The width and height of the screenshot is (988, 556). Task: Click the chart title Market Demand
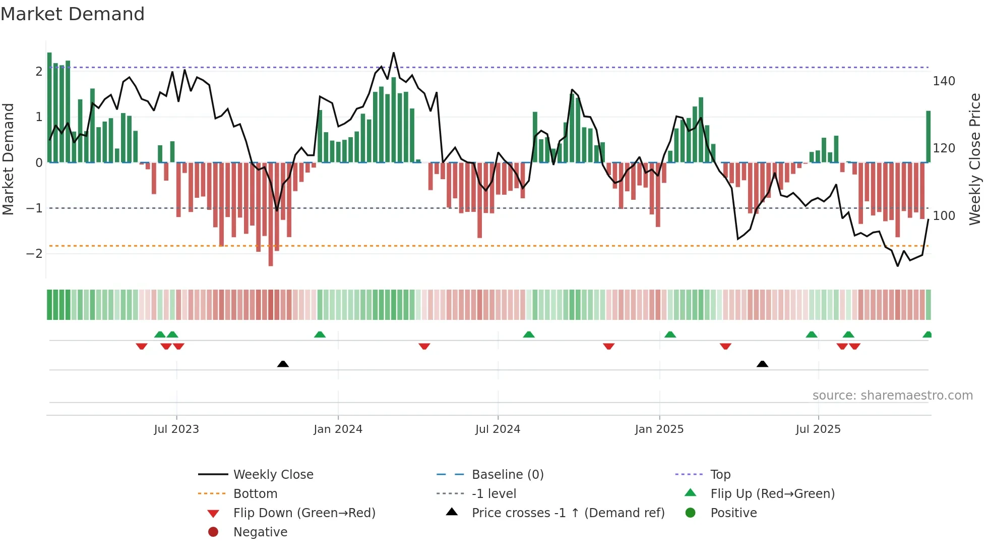(73, 14)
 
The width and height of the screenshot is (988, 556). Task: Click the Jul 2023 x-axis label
(176, 429)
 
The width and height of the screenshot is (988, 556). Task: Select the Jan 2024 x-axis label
(338, 429)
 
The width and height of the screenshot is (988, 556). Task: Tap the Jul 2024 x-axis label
(498, 429)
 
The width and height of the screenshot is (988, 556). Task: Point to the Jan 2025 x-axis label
(659, 429)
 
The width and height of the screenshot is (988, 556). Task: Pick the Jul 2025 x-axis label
(818, 429)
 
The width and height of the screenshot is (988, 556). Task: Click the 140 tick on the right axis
(944, 81)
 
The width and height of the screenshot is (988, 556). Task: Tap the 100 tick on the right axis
(944, 216)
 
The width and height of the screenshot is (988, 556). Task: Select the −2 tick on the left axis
(34, 254)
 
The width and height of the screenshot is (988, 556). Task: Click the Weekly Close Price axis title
(975, 159)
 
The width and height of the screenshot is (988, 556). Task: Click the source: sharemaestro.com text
(892, 396)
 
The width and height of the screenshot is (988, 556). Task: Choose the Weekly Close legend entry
(273, 475)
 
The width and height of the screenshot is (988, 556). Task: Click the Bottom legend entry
(255, 494)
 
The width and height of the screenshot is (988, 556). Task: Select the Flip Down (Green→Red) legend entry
(304, 513)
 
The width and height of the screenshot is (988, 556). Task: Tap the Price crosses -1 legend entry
(568, 513)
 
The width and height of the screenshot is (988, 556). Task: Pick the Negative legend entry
(260, 532)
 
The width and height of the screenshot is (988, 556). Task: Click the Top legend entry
(720, 475)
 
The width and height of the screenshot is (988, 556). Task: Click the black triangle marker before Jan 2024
(283, 364)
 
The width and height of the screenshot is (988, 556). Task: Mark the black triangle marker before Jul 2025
(762, 364)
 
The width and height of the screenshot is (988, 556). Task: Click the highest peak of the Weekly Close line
(394, 53)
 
